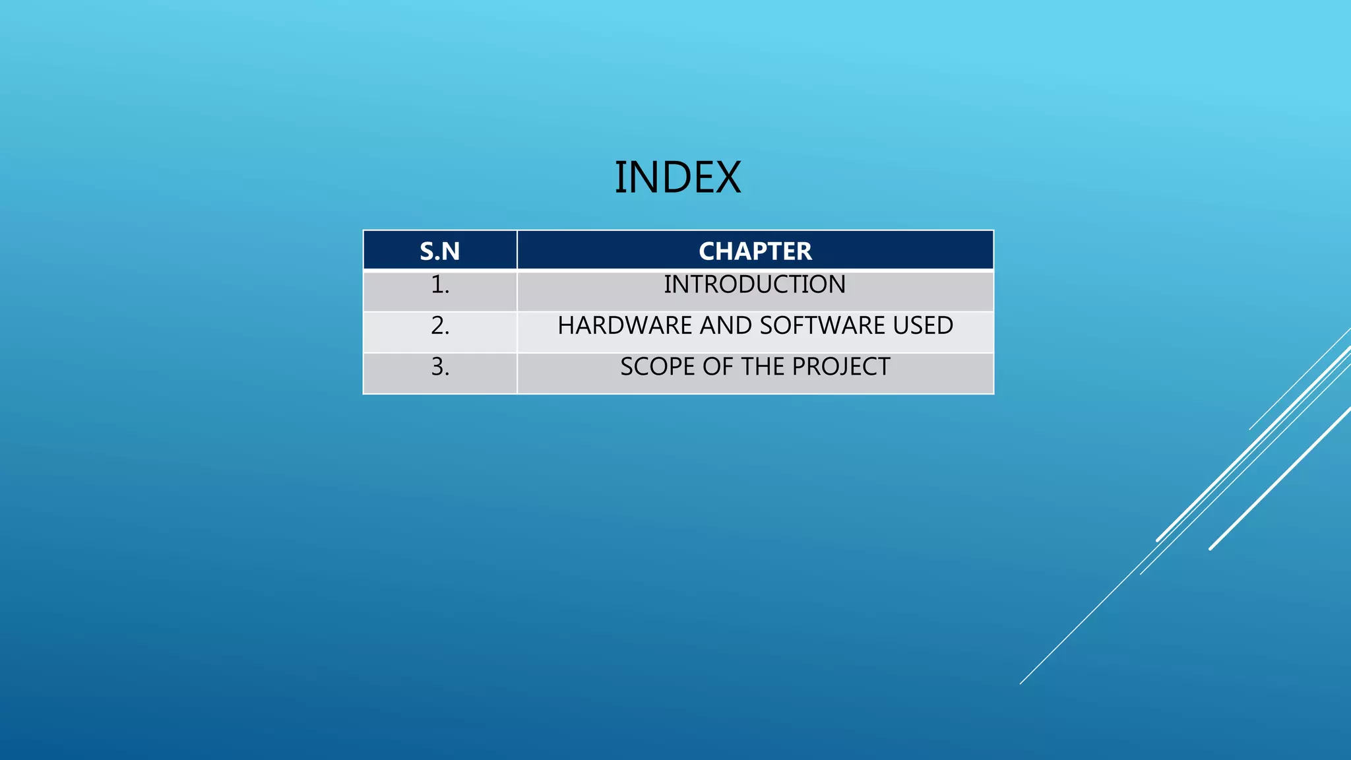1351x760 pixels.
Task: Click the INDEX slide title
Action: point(677,177)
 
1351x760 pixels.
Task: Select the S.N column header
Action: point(440,251)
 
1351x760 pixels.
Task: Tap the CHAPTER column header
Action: point(755,251)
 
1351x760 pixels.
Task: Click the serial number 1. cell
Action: point(440,285)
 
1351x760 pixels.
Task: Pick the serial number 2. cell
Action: point(440,326)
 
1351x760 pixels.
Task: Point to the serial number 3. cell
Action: point(440,367)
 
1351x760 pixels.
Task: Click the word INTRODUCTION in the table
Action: point(755,285)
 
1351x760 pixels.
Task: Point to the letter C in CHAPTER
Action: point(708,251)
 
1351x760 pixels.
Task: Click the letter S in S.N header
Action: point(427,251)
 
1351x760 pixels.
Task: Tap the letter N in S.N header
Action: point(452,251)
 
